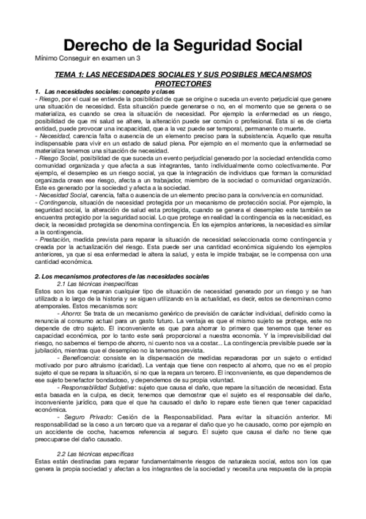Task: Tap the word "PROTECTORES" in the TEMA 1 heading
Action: click(x=183, y=83)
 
